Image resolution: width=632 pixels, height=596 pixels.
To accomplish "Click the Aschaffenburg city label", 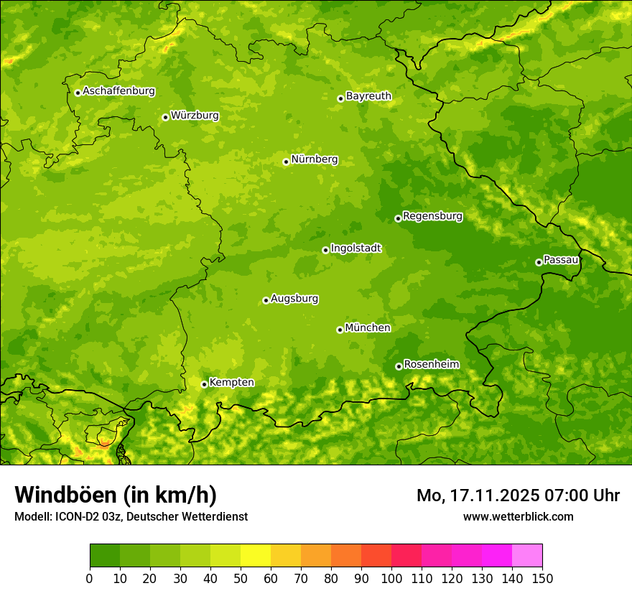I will [118, 91].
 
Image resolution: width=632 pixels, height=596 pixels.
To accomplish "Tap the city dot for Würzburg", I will [165, 117].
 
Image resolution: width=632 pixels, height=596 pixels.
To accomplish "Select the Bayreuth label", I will [368, 96].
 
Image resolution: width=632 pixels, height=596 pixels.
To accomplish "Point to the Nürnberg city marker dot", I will [286, 162].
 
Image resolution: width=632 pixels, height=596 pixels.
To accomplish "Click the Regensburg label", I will [432, 215].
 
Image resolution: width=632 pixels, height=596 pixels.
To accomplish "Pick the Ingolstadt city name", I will [355, 248].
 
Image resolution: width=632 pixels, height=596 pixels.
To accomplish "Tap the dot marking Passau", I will [539, 262].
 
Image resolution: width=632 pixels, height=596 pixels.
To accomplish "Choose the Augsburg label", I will [294, 298].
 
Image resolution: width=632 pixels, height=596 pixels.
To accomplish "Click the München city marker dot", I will [340, 330].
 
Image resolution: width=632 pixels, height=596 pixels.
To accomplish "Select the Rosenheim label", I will [431, 364].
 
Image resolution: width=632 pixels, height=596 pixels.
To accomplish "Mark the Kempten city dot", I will [204, 384].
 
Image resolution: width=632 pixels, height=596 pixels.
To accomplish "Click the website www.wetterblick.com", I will [518, 516].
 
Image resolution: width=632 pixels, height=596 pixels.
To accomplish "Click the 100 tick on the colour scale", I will [391, 578].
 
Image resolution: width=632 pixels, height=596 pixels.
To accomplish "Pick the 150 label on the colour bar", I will [542, 578].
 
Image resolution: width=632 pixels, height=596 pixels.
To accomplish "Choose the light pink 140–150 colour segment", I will [527, 556].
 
